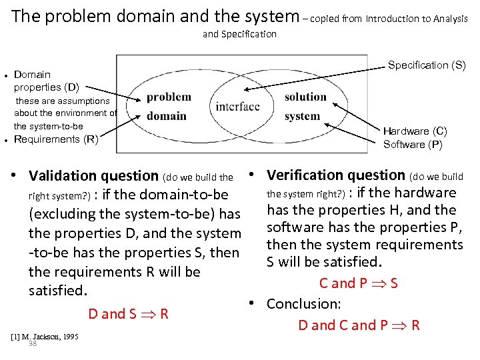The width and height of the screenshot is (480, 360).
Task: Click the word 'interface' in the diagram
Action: [238, 107]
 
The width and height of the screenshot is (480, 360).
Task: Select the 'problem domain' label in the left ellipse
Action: [168, 106]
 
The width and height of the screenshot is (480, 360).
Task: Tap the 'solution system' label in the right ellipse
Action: [305, 106]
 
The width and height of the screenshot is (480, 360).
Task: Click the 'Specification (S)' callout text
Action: [427, 65]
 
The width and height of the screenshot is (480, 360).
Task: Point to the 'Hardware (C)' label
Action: [415, 131]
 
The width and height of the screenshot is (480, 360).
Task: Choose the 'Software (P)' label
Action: [413, 144]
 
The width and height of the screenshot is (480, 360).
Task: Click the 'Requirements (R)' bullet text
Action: [56, 139]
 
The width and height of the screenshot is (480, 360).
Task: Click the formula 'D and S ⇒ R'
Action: [127, 314]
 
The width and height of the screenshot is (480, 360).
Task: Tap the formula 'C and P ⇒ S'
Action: [358, 283]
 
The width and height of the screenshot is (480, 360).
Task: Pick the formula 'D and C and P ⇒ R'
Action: [358, 325]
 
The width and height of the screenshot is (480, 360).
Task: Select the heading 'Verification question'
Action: [335, 175]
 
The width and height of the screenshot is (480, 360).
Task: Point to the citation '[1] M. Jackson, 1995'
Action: [45, 336]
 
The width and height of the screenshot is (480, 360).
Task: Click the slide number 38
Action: [32, 343]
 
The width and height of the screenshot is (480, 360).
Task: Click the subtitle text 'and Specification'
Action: [239, 34]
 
